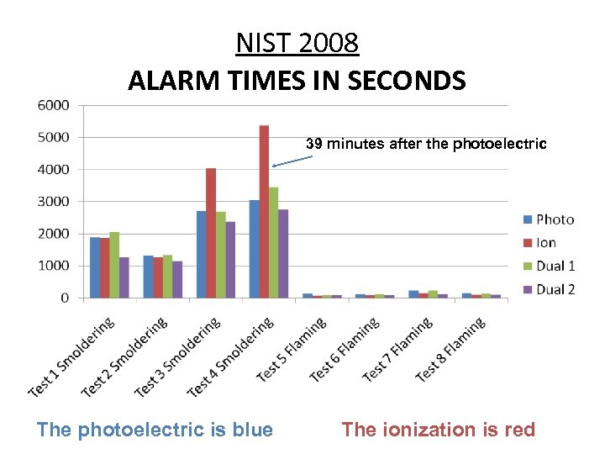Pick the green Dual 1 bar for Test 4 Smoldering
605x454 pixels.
[x=273, y=243]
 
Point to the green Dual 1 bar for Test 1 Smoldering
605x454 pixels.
[x=114, y=265]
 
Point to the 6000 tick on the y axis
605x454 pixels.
[x=52, y=105]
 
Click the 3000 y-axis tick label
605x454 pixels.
[x=52, y=202]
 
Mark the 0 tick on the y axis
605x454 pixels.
[x=64, y=298]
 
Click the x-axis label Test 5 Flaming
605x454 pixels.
[x=292, y=351]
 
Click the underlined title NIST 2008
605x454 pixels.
[x=297, y=42]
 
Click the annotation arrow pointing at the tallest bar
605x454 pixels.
[x=293, y=159]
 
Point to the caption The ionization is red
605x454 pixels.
[x=438, y=430]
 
